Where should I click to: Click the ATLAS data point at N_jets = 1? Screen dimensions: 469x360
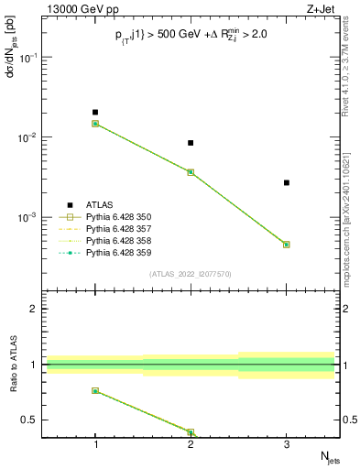(x=95, y=112)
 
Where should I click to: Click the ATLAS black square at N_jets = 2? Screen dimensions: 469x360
(x=191, y=143)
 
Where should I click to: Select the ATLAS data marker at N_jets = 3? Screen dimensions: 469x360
(x=287, y=182)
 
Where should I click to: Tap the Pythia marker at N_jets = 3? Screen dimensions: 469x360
(x=287, y=245)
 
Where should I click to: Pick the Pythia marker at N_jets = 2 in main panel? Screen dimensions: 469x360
(x=191, y=172)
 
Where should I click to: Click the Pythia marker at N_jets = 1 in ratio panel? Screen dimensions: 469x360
(x=95, y=390)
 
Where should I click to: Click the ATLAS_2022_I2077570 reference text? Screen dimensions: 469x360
(x=191, y=274)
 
